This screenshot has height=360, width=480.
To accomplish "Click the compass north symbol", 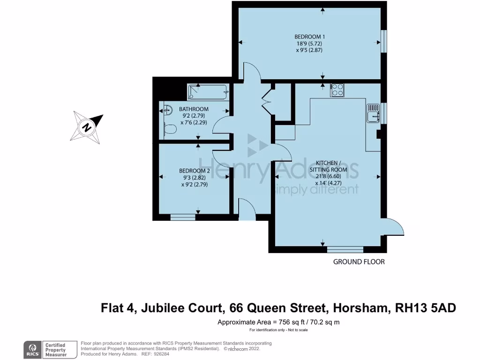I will tap(86, 126).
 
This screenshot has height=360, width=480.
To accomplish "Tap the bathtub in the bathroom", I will tap(208, 91).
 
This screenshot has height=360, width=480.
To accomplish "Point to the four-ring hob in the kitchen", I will tap(337, 90).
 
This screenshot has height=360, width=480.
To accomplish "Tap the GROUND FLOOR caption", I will tap(359, 262).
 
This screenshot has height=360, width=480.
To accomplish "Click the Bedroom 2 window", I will tap(183, 217).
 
